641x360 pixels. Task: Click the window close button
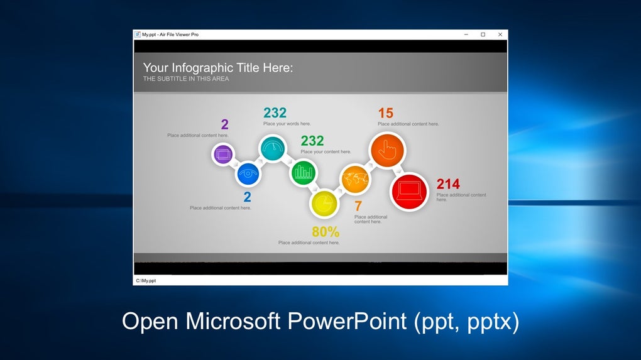pyautogui.click(x=500, y=35)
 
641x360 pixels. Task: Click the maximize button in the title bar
pyautogui.click(x=483, y=35)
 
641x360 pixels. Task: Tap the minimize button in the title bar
pyautogui.click(x=466, y=35)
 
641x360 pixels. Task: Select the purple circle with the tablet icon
pyautogui.click(x=223, y=155)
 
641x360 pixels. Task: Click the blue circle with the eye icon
pyautogui.click(x=248, y=173)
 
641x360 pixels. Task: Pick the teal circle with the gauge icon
pyautogui.click(x=273, y=148)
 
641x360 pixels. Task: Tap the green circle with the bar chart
pyautogui.click(x=304, y=172)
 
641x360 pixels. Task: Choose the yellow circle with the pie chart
pyautogui.click(x=324, y=204)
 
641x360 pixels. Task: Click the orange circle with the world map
pyautogui.click(x=355, y=179)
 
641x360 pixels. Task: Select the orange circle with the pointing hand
pyautogui.click(x=387, y=150)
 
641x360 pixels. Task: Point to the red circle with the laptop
pyautogui.click(x=409, y=191)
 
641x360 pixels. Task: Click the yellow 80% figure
pyautogui.click(x=326, y=232)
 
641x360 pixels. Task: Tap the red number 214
pyautogui.click(x=448, y=184)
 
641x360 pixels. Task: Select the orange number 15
pyautogui.click(x=385, y=113)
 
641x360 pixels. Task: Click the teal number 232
pyautogui.click(x=275, y=112)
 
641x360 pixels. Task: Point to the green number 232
pyautogui.click(x=312, y=141)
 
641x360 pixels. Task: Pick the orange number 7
pyautogui.click(x=358, y=206)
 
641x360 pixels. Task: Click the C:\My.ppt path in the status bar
pyautogui.click(x=146, y=281)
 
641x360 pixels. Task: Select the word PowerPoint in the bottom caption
pyautogui.click(x=347, y=321)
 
